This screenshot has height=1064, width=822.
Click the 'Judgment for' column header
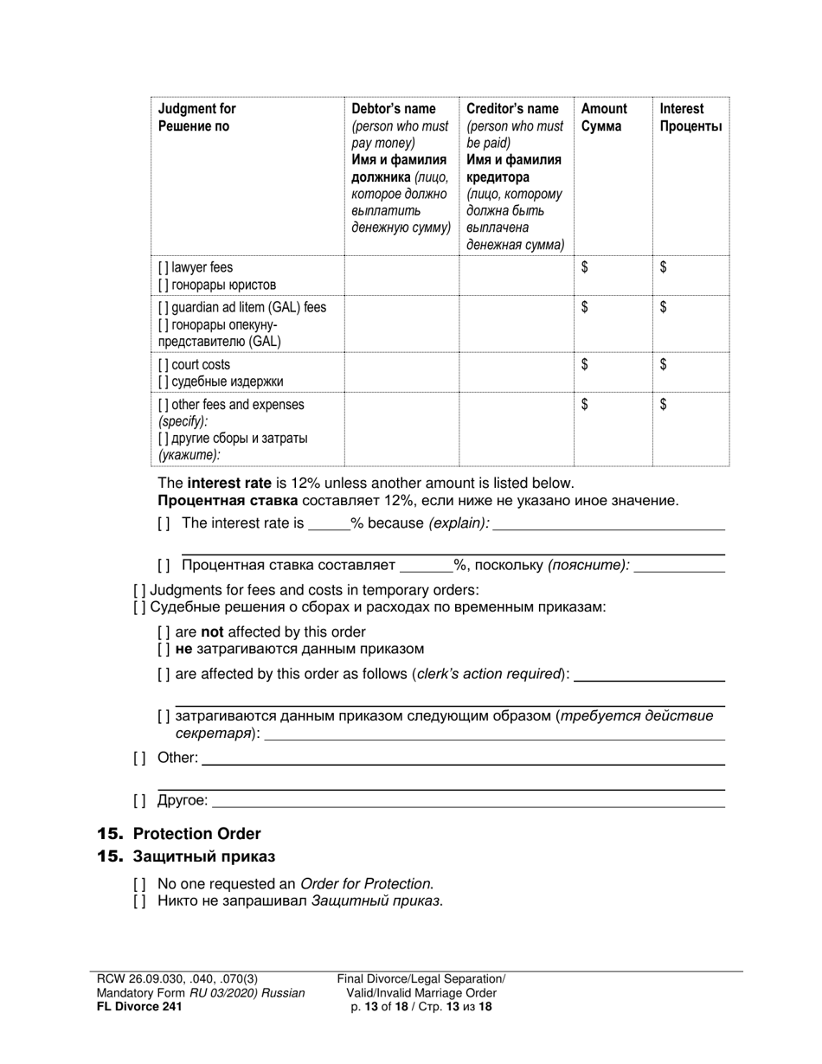[x=196, y=109]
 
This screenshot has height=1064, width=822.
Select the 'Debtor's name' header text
[x=393, y=109]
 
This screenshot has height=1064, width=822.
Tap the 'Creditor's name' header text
[x=512, y=109]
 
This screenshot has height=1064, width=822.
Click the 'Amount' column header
[x=604, y=109]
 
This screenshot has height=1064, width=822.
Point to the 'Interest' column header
[x=682, y=109]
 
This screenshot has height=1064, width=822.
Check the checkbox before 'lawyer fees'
[x=164, y=268]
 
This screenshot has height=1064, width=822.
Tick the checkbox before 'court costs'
[x=164, y=365]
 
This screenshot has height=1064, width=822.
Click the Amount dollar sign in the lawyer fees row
[x=585, y=268]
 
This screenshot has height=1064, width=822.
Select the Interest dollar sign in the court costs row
[x=663, y=365]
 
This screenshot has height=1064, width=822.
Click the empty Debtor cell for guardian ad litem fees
[x=401, y=324]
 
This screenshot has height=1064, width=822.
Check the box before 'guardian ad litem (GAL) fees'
[x=164, y=308]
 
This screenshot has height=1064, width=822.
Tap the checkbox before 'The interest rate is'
[x=164, y=523]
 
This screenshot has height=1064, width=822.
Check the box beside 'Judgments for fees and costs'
[x=139, y=591]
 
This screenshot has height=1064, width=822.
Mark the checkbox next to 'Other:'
[x=139, y=759]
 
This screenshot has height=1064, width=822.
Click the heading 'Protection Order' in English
[x=196, y=834]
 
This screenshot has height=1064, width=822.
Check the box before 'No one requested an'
[x=139, y=884]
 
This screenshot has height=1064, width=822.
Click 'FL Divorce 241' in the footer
[x=139, y=1006]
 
